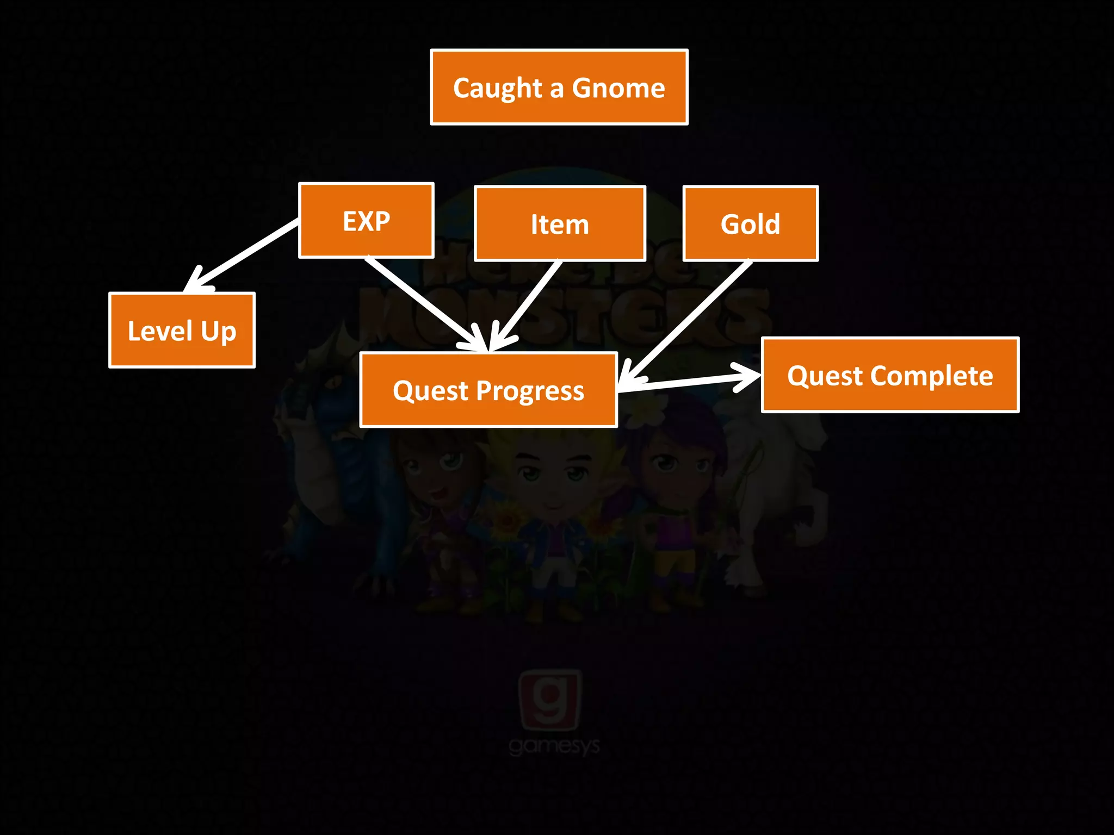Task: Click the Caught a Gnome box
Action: [x=559, y=87]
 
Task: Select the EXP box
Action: [x=366, y=220]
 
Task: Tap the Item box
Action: [x=560, y=223]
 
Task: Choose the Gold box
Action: [x=750, y=223]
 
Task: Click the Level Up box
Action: [x=182, y=331]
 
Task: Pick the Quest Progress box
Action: [x=488, y=390]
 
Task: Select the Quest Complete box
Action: [x=890, y=375]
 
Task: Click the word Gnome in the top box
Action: [x=618, y=88]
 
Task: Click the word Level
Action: [x=160, y=331]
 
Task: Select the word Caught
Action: [x=498, y=88]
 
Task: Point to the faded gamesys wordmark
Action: [x=554, y=746]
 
